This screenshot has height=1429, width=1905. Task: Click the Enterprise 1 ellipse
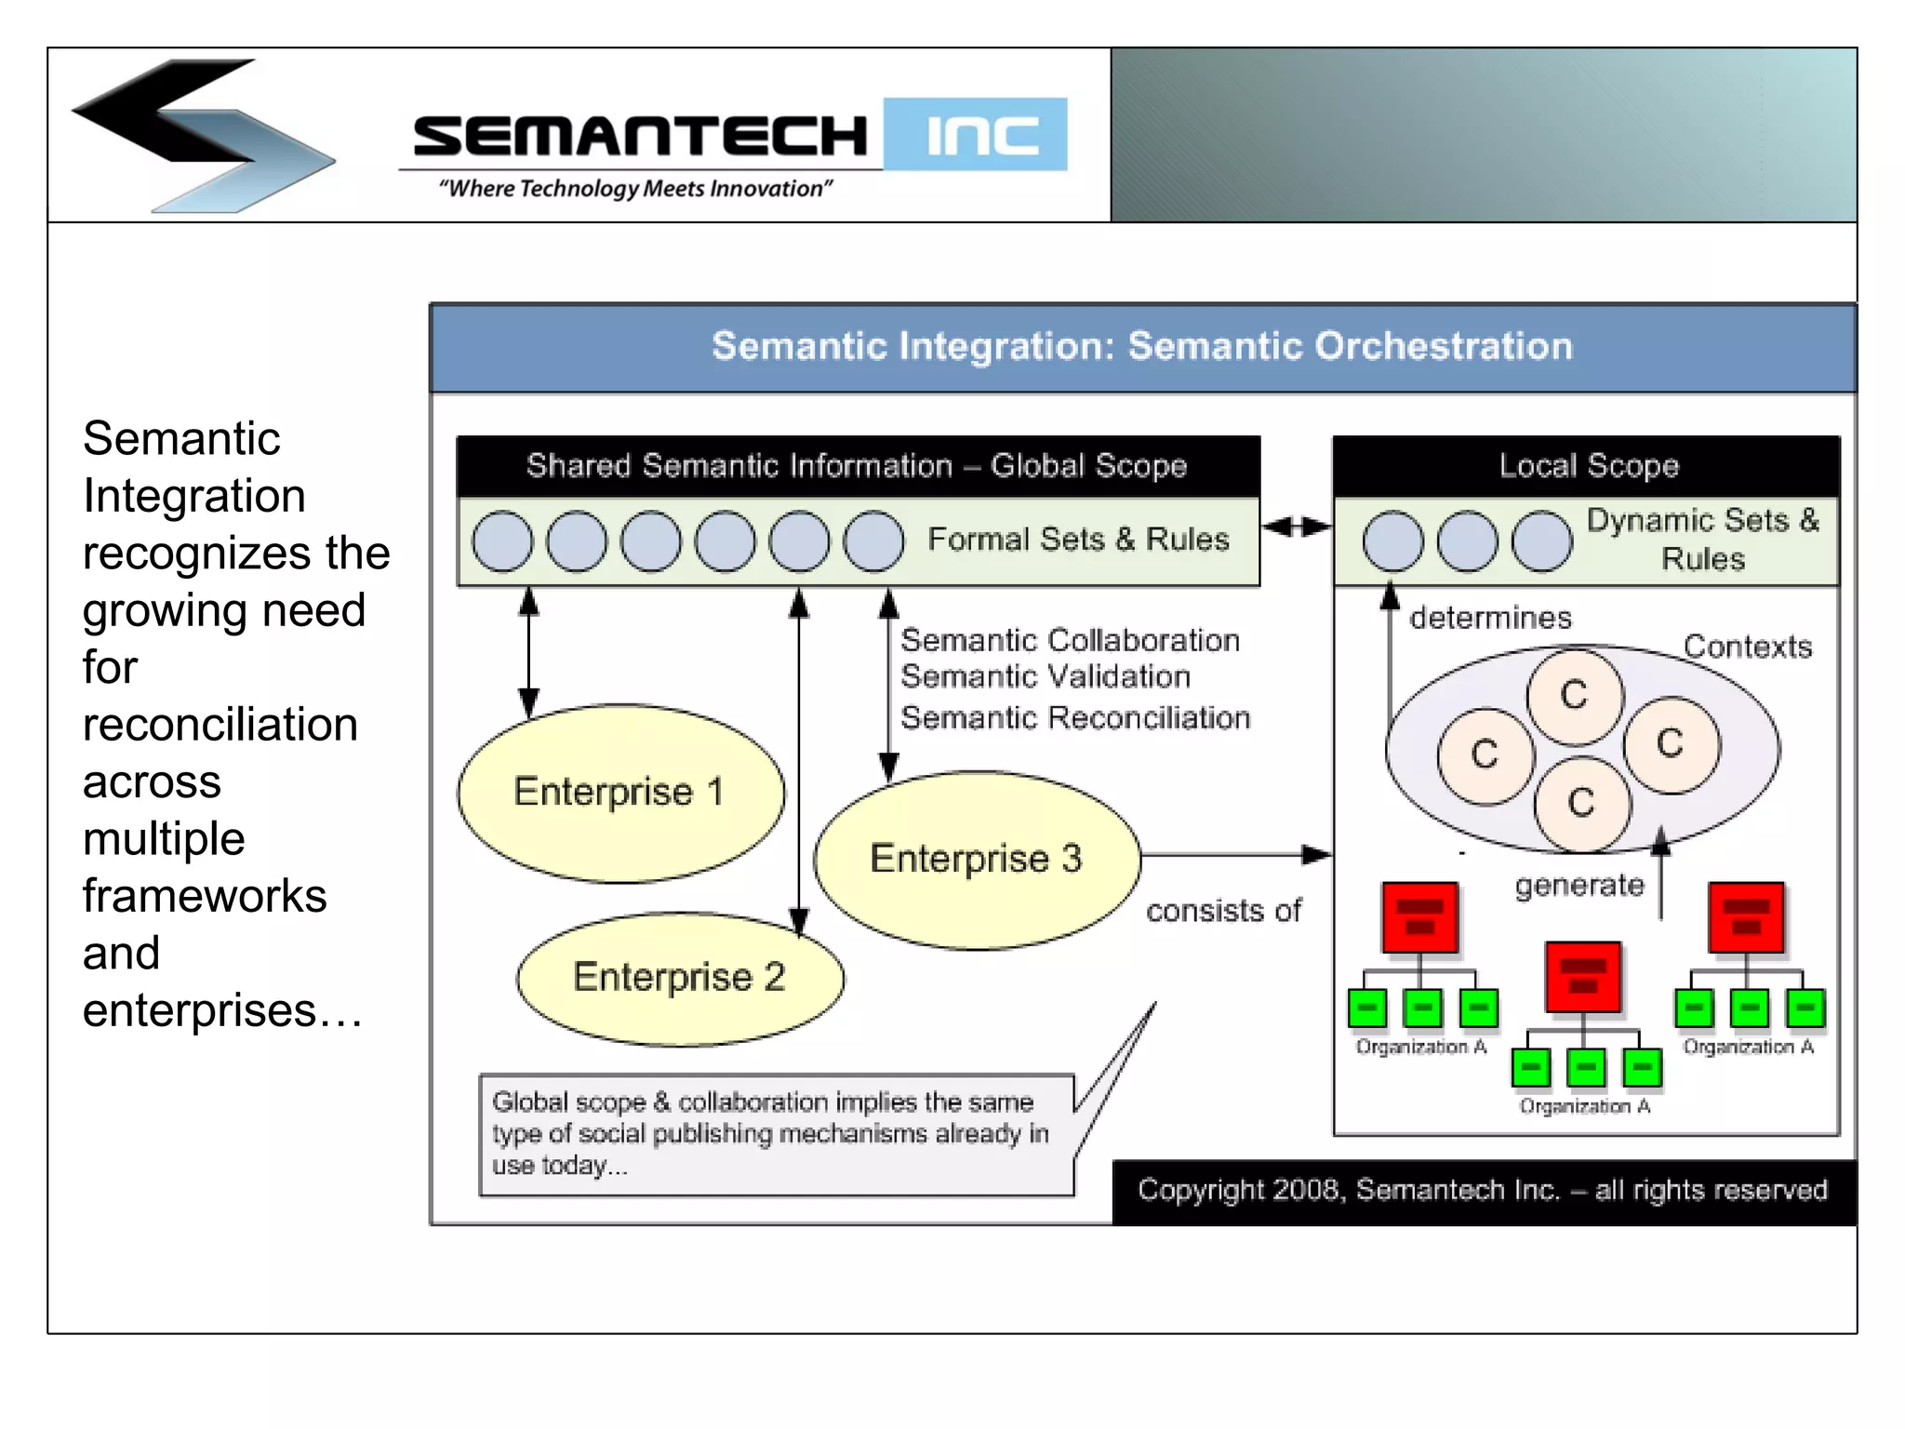coord(620,793)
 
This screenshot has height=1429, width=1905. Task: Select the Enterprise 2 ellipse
coord(680,978)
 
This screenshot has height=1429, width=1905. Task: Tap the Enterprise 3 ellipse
coord(977,859)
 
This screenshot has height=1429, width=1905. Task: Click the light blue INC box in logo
coord(975,135)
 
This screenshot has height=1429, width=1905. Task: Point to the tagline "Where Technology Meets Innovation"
coord(635,189)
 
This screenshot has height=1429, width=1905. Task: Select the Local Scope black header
coord(1587,465)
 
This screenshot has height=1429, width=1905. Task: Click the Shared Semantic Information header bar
coord(857,465)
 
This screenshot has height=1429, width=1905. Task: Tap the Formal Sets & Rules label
coord(1078,540)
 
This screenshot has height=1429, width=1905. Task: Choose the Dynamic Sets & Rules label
coord(1702,540)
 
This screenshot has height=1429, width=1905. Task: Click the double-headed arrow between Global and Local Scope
coord(1297,527)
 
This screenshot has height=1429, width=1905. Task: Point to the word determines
coord(1490,618)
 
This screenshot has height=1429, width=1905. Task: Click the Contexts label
coord(1747,647)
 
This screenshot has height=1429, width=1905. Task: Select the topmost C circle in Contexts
coord(1574,696)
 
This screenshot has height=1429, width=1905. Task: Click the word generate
coord(1579,885)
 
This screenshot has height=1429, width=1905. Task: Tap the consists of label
coord(1222,911)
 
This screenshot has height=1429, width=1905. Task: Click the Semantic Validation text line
coord(1045,677)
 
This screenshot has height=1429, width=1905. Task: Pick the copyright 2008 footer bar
coord(1483,1191)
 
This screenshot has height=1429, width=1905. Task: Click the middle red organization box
coord(1582,976)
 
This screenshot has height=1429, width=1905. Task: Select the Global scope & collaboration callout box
coord(776,1134)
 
